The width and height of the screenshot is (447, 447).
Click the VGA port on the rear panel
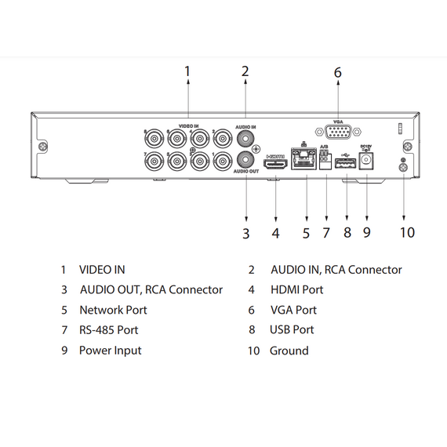click(x=338, y=134)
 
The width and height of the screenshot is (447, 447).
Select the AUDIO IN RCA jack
click(x=246, y=139)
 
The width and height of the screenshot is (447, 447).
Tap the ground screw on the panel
click(x=403, y=162)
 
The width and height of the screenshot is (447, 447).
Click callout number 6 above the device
click(x=338, y=73)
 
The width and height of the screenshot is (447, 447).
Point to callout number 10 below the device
click(x=406, y=232)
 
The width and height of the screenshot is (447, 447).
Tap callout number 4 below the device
click(x=275, y=233)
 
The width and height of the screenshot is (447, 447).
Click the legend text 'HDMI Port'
click(x=296, y=290)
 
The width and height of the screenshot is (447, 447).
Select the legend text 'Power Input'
click(x=111, y=351)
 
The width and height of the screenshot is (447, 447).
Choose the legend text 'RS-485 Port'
click(x=109, y=330)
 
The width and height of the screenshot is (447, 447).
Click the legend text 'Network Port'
click(x=113, y=310)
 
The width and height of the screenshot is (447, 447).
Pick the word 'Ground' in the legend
click(x=289, y=351)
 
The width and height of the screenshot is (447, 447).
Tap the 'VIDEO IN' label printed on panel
click(x=188, y=125)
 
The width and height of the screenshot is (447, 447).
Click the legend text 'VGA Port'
click(x=293, y=310)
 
